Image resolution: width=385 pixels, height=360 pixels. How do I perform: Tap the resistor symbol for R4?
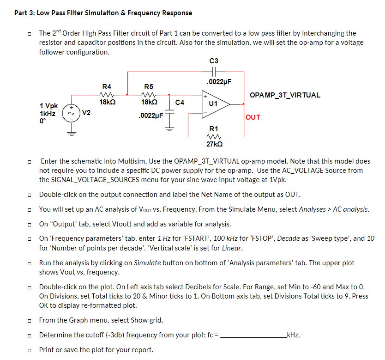coord(106,94)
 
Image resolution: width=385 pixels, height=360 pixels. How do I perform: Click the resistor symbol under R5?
coord(149,94)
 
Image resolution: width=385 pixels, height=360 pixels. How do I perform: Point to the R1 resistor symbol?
coord(214,136)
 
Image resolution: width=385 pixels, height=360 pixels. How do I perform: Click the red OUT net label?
coord(253,117)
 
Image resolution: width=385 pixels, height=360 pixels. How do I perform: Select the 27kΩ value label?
coord(214,145)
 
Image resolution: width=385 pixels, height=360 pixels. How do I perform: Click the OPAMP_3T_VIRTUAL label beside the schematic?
coord(284,95)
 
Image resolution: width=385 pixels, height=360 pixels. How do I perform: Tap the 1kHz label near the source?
coord(48,114)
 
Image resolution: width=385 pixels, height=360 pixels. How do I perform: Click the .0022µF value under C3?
coord(219,82)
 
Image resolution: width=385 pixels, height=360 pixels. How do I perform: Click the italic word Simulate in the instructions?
coord(147,263)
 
